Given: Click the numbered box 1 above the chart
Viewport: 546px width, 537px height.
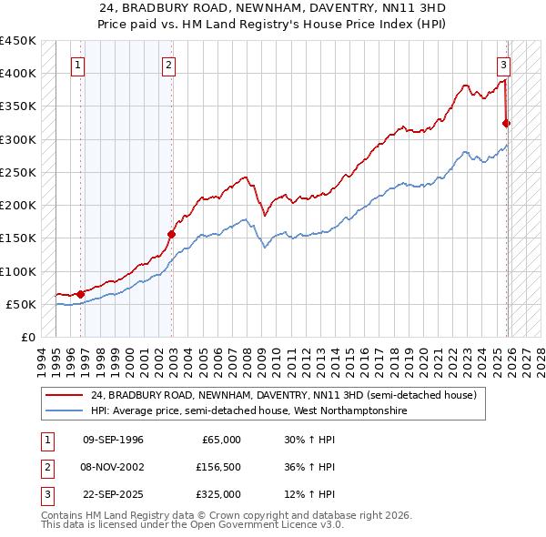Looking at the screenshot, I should (78, 65).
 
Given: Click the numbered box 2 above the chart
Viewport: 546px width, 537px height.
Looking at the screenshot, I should (169, 65).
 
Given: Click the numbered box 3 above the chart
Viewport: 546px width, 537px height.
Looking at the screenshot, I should (503, 65).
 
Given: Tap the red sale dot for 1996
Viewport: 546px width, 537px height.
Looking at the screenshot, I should (81, 294).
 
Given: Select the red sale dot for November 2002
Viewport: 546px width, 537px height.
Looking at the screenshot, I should (172, 234).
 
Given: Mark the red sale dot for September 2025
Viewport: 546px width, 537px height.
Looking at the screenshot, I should (507, 123).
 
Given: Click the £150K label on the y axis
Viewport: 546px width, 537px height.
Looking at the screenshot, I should (18, 238).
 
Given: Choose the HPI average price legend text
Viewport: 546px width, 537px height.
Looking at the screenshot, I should (248, 411).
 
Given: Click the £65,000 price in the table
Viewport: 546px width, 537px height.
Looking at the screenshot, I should (221, 440).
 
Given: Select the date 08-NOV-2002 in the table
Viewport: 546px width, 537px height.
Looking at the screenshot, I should (113, 467).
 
